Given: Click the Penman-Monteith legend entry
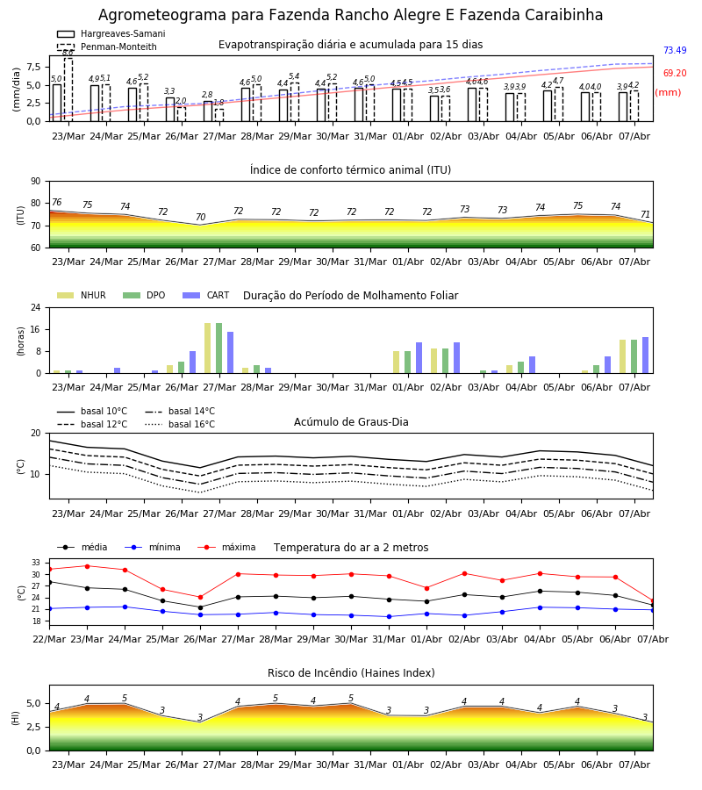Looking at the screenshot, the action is [107, 47].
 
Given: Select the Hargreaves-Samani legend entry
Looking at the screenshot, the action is [111, 33].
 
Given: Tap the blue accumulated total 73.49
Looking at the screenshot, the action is [675, 50].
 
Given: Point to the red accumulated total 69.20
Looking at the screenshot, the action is [675, 73].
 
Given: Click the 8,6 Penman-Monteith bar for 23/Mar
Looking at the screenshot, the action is [68, 90].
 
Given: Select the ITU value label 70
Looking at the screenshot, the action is [200, 217].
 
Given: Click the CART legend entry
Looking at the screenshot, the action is [205, 295].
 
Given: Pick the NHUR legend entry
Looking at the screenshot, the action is [82, 295].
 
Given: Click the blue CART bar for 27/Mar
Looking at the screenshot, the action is [230, 353].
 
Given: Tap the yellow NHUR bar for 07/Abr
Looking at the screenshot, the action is [622, 356].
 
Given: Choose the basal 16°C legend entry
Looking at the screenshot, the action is [180, 424].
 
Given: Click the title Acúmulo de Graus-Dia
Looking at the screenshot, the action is [351, 422].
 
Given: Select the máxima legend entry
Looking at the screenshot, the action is [226, 547].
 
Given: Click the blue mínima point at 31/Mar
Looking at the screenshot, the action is [389, 617].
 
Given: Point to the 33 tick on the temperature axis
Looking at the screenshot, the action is [36, 563].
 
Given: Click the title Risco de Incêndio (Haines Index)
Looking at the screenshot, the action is [351, 673].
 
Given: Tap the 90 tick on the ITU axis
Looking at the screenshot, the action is [36, 182].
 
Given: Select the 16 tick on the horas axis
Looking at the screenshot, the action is [36, 329].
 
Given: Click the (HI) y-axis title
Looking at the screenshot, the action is [16, 718].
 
